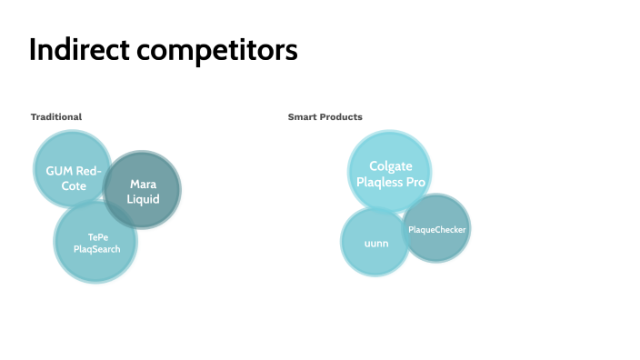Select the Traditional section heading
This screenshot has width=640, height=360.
[x=56, y=117]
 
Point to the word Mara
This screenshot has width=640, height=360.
[x=143, y=185]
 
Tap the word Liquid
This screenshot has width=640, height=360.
[x=143, y=198]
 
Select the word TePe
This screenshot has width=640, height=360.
[x=97, y=237]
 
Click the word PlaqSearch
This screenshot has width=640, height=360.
[x=97, y=249]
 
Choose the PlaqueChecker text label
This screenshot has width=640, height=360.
[x=437, y=230]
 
